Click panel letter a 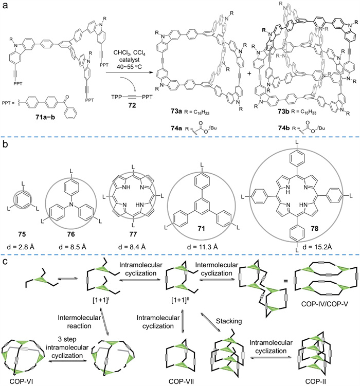click(x=5, y=5)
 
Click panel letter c click(x=5, y=259)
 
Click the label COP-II click(x=313, y=381)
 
